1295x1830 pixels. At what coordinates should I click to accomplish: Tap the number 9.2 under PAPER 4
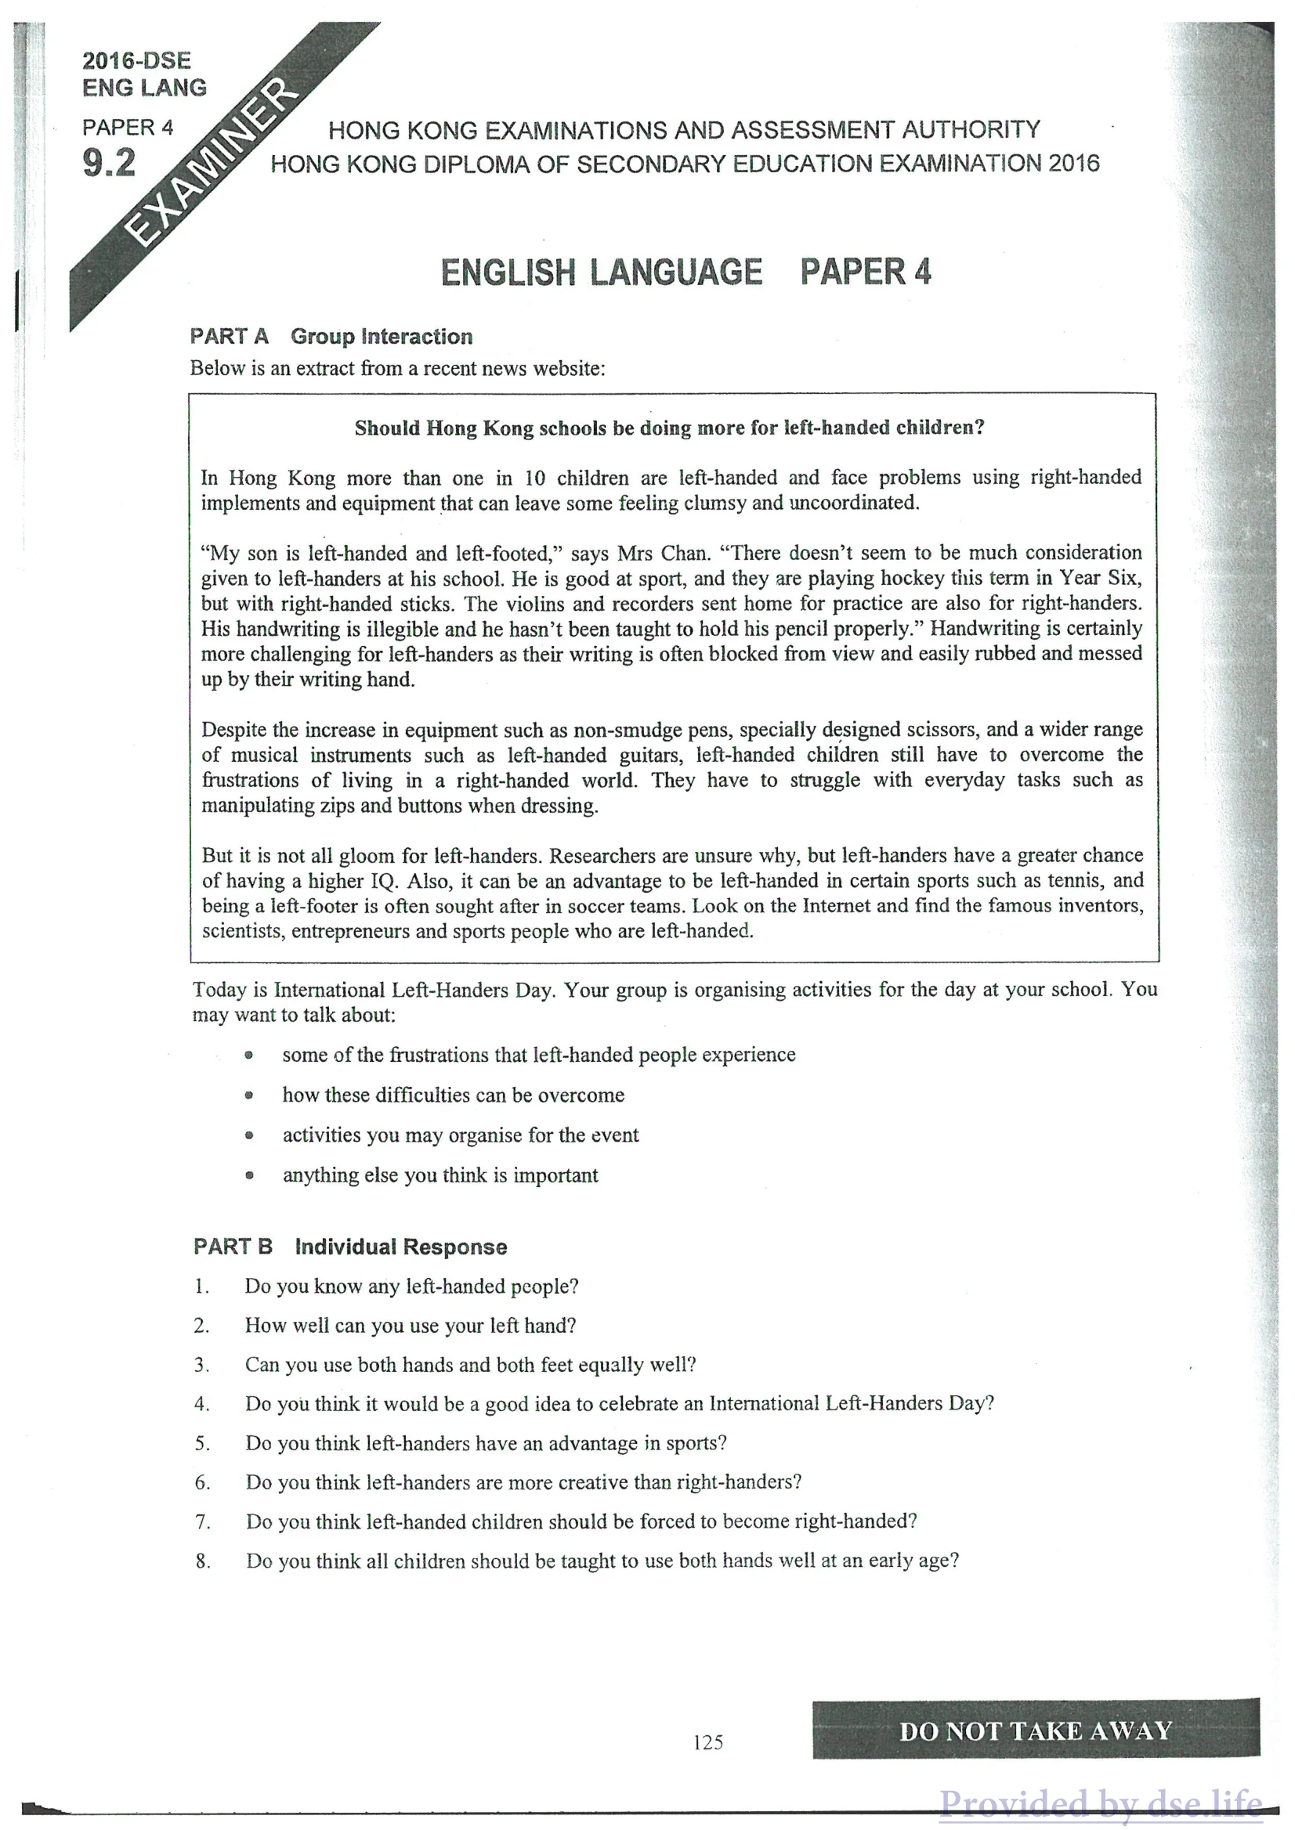(x=109, y=164)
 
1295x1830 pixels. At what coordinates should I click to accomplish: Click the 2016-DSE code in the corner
(x=136, y=60)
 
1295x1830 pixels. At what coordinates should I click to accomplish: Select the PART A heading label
(x=229, y=337)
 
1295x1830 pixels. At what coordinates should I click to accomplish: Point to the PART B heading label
(x=233, y=1247)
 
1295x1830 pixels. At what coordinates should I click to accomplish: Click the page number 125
(x=708, y=1742)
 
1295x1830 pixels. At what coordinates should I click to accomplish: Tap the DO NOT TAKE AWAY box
(x=1036, y=1731)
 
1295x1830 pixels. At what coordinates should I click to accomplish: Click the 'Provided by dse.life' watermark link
(x=1101, y=1803)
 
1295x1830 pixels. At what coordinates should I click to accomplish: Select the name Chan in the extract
(x=684, y=553)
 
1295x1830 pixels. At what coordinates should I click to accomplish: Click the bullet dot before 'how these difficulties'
(x=249, y=1095)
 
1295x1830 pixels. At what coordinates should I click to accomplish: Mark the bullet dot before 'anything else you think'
(x=249, y=1175)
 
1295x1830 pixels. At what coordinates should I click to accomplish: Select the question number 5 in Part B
(x=203, y=1443)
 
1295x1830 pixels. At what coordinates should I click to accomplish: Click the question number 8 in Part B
(x=203, y=1561)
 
